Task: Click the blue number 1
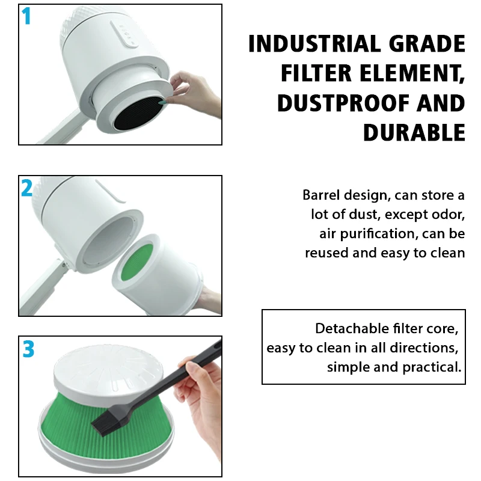point(26,16)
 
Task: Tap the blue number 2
point(26,188)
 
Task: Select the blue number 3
point(28,349)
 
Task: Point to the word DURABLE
point(414,132)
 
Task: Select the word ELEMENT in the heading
point(412,73)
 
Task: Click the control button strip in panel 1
point(124,34)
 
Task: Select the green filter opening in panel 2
point(137,261)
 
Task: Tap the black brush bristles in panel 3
point(106,420)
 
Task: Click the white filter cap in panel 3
point(108,374)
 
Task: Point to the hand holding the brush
point(200,405)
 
